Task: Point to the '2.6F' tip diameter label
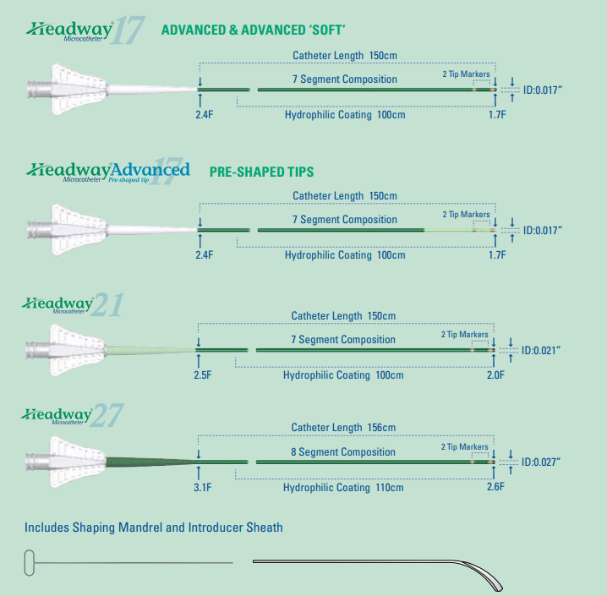[x=497, y=487]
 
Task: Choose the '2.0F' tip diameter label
[x=497, y=375]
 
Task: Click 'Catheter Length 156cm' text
[x=343, y=428]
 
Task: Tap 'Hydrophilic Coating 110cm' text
[x=343, y=488]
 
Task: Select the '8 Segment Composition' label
[x=343, y=452]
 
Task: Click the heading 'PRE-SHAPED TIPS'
[x=261, y=172]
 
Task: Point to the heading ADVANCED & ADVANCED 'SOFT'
[x=253, y=31]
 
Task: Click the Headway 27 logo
[x=73, y=415]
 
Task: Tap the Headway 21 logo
[x=73, y=304]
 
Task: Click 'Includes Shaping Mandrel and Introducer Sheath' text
[x=154, y=528]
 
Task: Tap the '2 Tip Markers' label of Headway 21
[x=464, y=335]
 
